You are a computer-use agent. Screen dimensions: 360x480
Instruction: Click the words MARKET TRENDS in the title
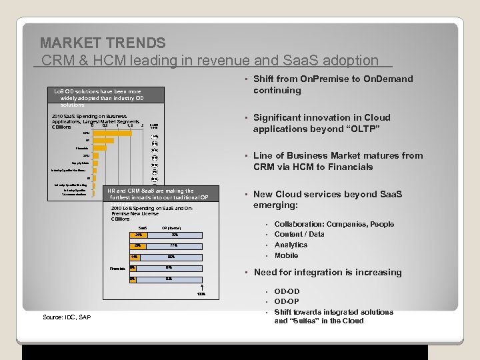(x=103, y=43)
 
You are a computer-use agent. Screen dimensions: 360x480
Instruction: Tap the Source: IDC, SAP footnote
(x=66, y=317)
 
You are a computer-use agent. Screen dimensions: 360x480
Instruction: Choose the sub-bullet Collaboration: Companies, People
(x=334, y=225)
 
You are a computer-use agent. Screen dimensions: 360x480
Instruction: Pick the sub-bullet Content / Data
(x=299, y=235)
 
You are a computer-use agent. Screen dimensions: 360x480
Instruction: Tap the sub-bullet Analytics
(x=291, y=245)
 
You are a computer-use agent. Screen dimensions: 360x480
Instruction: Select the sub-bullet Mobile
(x=286, y=255)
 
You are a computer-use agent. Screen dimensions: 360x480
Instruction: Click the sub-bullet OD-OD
(x=287, y=291)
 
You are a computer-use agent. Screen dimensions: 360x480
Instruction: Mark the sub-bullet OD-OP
(x=287, y=301)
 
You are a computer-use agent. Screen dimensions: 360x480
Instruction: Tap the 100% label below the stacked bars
(x=201, y=294)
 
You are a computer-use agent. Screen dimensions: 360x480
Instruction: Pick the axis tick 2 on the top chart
(x=143, y=125)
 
